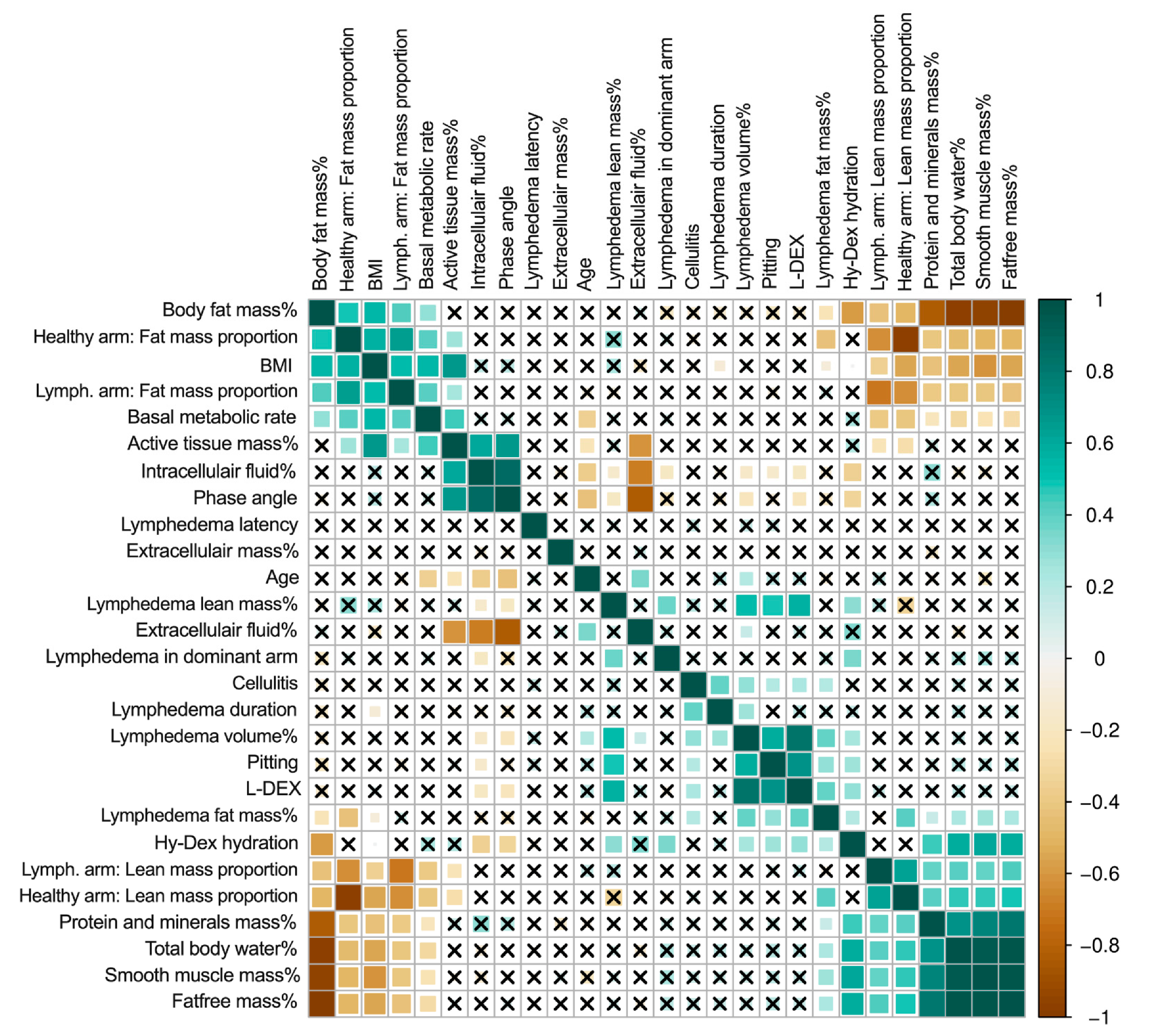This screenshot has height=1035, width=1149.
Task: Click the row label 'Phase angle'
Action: click(244, 498)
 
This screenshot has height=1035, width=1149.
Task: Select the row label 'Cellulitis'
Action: click(264, 683)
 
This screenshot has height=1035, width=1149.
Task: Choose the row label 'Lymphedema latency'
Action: click(209, 524)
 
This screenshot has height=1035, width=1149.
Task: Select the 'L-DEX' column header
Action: click(798, 262)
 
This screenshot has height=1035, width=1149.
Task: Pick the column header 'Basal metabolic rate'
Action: click(426, 205)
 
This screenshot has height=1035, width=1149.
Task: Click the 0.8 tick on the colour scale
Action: click(1099, 371)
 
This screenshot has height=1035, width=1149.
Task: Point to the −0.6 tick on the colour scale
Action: click(1099, 873)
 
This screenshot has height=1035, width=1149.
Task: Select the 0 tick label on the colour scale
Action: click(1099, 659)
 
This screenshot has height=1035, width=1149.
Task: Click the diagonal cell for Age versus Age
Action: click(587, 578)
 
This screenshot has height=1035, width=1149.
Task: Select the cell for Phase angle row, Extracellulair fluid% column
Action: click(640, 499)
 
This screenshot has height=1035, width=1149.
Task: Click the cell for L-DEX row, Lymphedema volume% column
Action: click(746, 791)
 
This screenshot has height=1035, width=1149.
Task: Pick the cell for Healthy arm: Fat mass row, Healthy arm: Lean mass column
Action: click(905, 340)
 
